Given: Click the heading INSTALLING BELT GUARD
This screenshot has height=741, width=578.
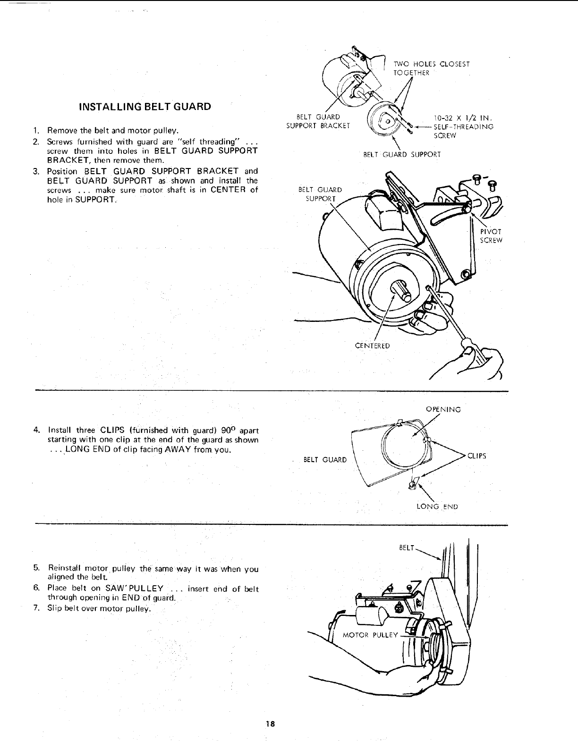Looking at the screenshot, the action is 145,107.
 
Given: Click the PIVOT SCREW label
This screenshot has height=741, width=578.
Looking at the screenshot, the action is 491,236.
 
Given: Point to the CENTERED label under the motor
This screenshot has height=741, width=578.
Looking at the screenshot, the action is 372,346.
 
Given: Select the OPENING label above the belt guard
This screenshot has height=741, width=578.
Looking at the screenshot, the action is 443,410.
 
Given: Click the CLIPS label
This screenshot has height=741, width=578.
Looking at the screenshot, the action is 476,456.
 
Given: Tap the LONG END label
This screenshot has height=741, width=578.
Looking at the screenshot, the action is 437,507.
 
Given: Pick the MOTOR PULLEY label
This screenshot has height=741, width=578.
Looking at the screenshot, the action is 370,635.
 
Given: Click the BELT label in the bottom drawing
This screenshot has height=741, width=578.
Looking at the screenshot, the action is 407,548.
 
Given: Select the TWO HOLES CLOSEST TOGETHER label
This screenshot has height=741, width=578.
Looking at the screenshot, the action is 432,68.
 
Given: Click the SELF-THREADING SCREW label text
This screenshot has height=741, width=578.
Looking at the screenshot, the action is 463,131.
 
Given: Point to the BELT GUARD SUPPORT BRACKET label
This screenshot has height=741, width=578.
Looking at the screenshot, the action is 318,121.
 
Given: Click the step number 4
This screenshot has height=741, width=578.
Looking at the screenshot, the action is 36,429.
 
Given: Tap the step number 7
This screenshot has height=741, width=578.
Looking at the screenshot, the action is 35,608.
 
